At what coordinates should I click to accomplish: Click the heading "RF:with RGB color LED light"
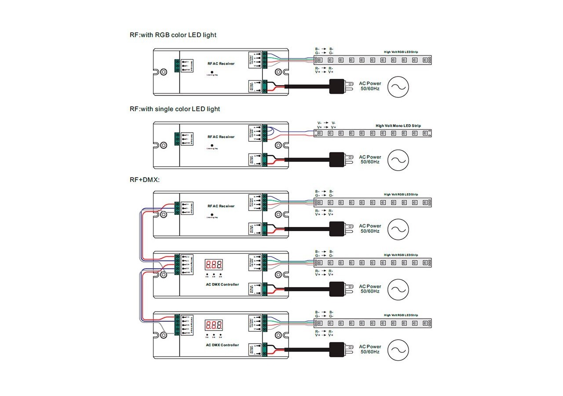(173, 35)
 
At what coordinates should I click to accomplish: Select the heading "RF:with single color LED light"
(175, 109)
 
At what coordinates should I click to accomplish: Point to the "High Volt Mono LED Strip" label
(398, 126)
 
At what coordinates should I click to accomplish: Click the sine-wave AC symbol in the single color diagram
(398, 160)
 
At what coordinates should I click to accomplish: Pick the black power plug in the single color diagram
(339, 159)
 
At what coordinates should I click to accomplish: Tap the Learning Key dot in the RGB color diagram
(212, 72)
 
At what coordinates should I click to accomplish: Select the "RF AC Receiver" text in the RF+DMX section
(221, 206)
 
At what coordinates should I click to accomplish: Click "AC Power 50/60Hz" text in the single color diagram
(370, 159)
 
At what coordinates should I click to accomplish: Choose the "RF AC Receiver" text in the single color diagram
(221, 137)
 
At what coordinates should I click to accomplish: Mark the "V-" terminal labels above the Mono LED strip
(326, 123)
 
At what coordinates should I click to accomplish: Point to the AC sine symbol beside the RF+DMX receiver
(398, 229)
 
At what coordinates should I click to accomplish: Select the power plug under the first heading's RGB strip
(339, 86)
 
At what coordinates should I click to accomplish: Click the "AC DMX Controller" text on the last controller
(222, 345)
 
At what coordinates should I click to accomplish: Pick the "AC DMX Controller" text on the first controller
(222, 285)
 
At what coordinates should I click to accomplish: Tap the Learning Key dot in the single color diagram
(212, 145)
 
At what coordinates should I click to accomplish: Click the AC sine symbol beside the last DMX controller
(398, 350)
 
